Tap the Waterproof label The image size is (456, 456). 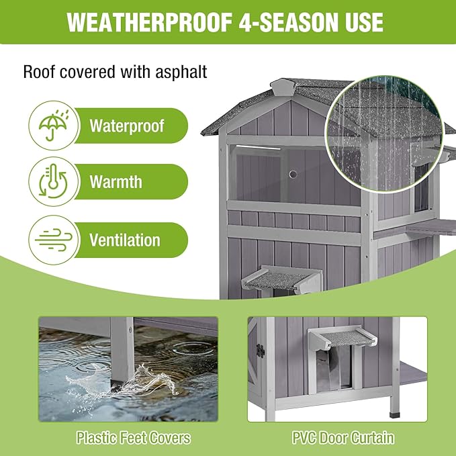[x=126, y=126]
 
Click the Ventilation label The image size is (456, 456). [x=124, y=240]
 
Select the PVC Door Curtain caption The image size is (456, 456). [x=343, y=439]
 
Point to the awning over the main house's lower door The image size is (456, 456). [x=274, y=276]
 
